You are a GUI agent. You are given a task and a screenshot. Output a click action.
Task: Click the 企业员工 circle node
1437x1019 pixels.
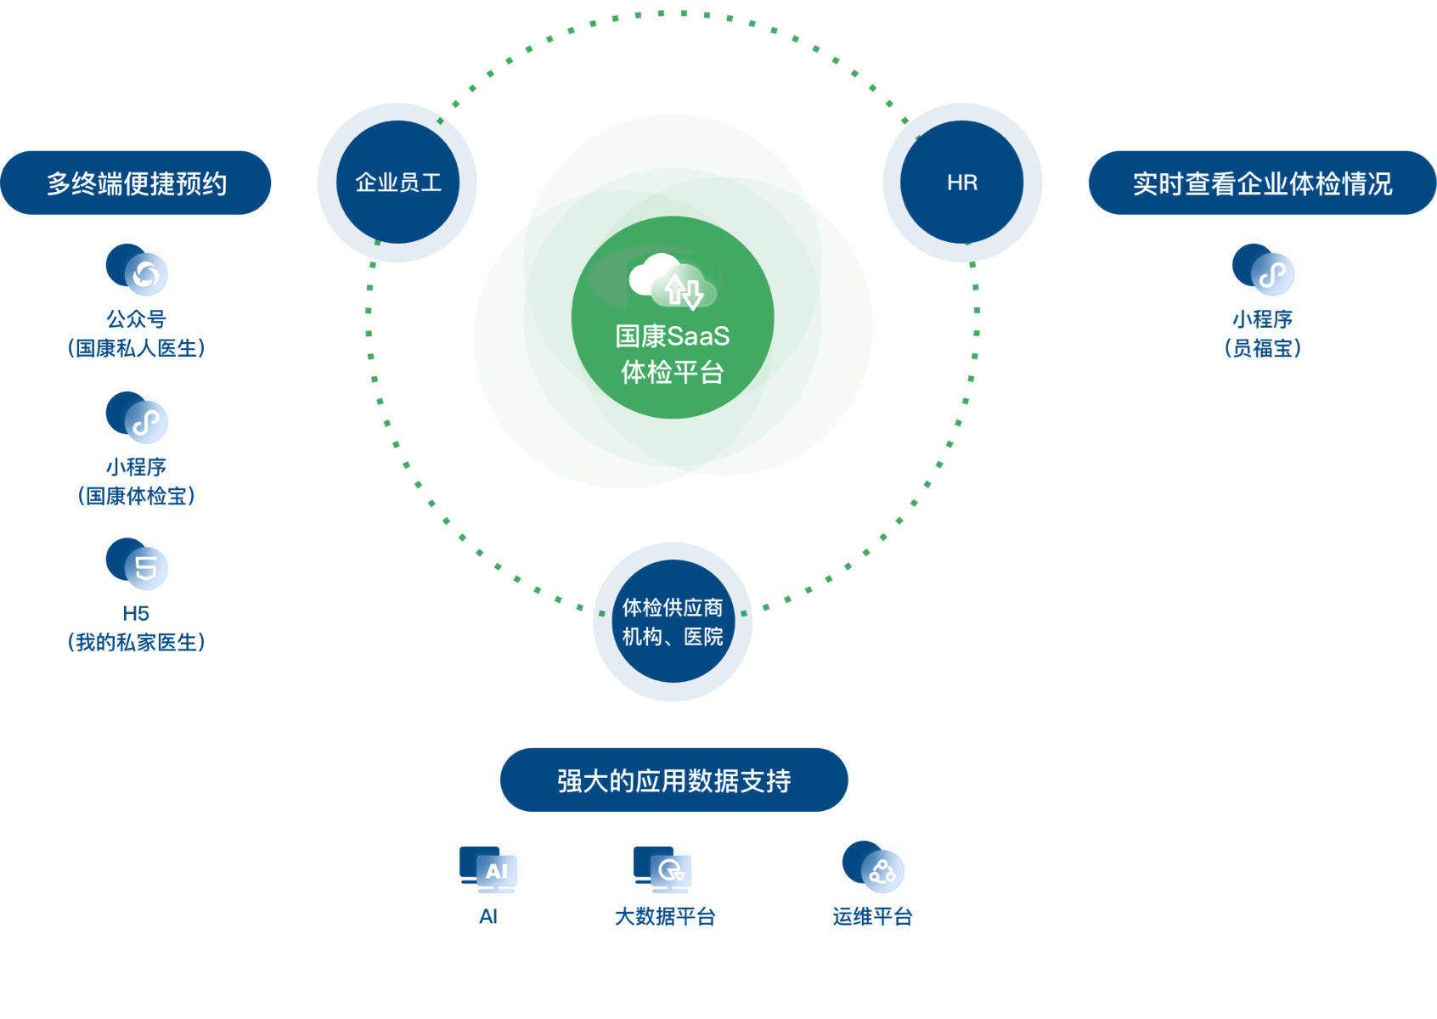tap(397, 183)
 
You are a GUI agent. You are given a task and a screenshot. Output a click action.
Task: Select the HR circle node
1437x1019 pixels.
tap(962, 183)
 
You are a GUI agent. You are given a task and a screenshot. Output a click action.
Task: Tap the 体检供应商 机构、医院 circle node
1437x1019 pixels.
tap(672, 622)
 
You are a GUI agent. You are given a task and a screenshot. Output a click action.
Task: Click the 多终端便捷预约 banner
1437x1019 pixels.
tap(136, 183)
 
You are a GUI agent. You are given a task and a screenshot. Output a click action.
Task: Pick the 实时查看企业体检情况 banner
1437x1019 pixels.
tap(1262, 183)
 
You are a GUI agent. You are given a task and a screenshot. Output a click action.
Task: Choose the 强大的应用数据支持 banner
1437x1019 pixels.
tap(673, 780)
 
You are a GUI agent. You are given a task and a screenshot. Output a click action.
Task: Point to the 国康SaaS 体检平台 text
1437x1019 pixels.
tap(673, 354)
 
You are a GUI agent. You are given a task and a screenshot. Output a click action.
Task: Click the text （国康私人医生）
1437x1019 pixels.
tap(136, 348)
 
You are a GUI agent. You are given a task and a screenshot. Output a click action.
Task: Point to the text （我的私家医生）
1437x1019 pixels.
tap(136, 643)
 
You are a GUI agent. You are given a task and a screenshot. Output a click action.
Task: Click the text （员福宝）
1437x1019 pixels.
tap(1262, 348)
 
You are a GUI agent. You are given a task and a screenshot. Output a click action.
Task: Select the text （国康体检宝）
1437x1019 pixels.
tap(136, 496)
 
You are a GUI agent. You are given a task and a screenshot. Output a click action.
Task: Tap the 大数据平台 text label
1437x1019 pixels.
tap(665, 916)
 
